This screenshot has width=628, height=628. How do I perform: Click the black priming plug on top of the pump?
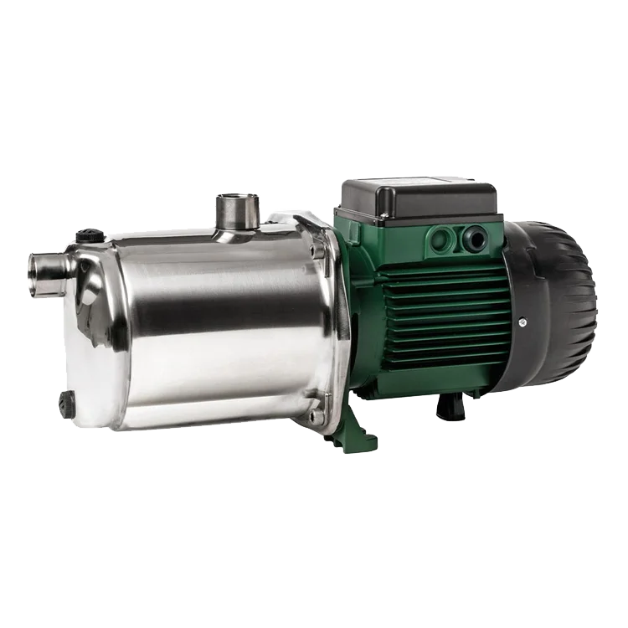click(x=90, y=235)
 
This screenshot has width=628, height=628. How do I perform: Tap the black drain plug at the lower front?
click(x=67, y=404)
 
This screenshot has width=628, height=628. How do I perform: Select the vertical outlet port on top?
click(x=237, y=213)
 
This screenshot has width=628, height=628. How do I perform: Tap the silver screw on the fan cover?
click(x=522, y=321)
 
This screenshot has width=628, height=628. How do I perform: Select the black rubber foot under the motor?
click(x=450, y=405)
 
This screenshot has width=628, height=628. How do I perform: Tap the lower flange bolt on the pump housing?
click(x=316, y=412)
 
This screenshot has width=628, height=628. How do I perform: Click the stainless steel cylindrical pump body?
click(x=218, y=327)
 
